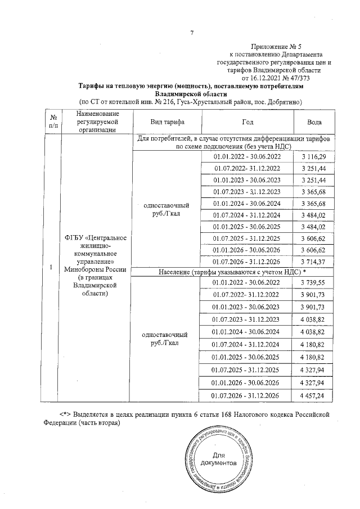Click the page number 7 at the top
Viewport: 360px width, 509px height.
coord(191,33)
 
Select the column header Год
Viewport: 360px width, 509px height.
coord(247,122)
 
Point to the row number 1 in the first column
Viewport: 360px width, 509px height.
coord(51,268)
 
